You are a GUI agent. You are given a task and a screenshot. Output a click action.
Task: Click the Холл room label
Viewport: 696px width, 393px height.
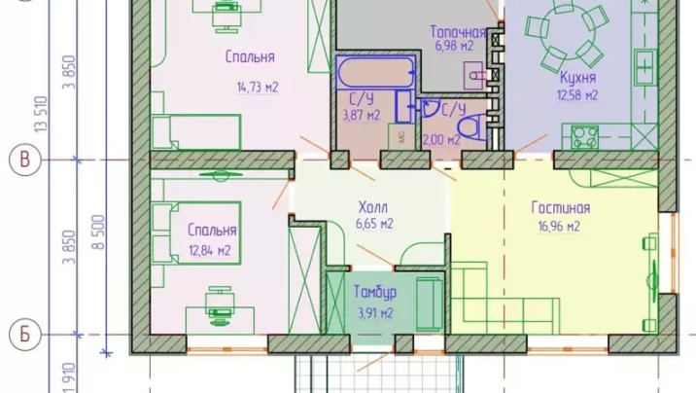373,207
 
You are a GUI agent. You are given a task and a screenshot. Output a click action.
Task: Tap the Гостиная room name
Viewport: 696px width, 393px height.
561,208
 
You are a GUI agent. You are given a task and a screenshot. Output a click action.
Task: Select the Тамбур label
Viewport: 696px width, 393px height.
375,292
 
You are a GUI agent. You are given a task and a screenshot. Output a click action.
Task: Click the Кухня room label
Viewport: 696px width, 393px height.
577,78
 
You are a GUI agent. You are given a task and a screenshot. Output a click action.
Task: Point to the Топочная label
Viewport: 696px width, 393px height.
458,32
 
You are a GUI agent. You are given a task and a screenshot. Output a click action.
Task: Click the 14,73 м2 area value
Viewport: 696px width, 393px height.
258,87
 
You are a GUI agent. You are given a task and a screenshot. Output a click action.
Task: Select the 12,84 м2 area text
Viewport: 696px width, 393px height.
210,251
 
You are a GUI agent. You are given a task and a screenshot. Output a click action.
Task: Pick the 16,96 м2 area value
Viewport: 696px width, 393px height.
559,227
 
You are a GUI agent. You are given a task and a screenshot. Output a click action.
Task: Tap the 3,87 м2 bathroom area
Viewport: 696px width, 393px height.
362,116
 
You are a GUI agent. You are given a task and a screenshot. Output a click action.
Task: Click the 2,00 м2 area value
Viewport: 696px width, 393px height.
440,140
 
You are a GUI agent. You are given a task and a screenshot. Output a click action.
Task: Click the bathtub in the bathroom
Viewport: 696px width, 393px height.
375,72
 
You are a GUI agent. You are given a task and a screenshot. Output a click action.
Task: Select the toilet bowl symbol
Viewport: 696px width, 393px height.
471,127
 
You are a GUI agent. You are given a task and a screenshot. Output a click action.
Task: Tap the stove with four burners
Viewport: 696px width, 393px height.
584,137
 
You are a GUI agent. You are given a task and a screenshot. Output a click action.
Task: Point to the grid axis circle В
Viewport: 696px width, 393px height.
25,160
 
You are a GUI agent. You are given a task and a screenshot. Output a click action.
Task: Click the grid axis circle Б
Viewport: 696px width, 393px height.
25,335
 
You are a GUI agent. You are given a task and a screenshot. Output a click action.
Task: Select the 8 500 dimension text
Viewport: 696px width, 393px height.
99,232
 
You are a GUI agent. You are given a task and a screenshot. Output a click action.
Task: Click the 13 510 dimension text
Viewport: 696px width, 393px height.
41,114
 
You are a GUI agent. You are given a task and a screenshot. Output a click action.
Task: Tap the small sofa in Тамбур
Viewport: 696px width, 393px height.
430,304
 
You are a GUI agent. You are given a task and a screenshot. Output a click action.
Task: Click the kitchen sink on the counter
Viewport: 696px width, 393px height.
644,67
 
